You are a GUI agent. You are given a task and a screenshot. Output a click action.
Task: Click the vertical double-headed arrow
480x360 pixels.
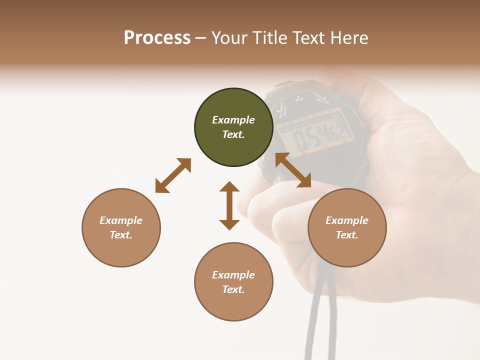(x=229, y=205)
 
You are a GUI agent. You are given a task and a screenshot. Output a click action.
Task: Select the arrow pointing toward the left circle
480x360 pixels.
(x=173, y=175)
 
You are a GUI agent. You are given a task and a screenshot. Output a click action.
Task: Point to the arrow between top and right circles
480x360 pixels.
(x=293, y=170)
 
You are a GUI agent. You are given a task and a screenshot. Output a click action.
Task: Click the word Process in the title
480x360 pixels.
(x=157, y=37)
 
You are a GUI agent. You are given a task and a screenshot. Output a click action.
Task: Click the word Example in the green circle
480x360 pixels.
(x=233, y=120)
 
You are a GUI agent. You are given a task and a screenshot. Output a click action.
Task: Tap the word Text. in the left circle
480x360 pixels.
(x=121, y=235)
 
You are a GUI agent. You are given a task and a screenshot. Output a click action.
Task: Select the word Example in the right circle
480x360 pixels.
(x=347, y=220)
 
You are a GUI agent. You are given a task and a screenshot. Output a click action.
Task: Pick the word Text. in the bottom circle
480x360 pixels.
(x=233, y=289)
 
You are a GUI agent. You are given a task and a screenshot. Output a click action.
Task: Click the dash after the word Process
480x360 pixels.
(x=201, y=38)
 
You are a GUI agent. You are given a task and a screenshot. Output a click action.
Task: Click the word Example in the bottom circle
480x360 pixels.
(x=233, y=275)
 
